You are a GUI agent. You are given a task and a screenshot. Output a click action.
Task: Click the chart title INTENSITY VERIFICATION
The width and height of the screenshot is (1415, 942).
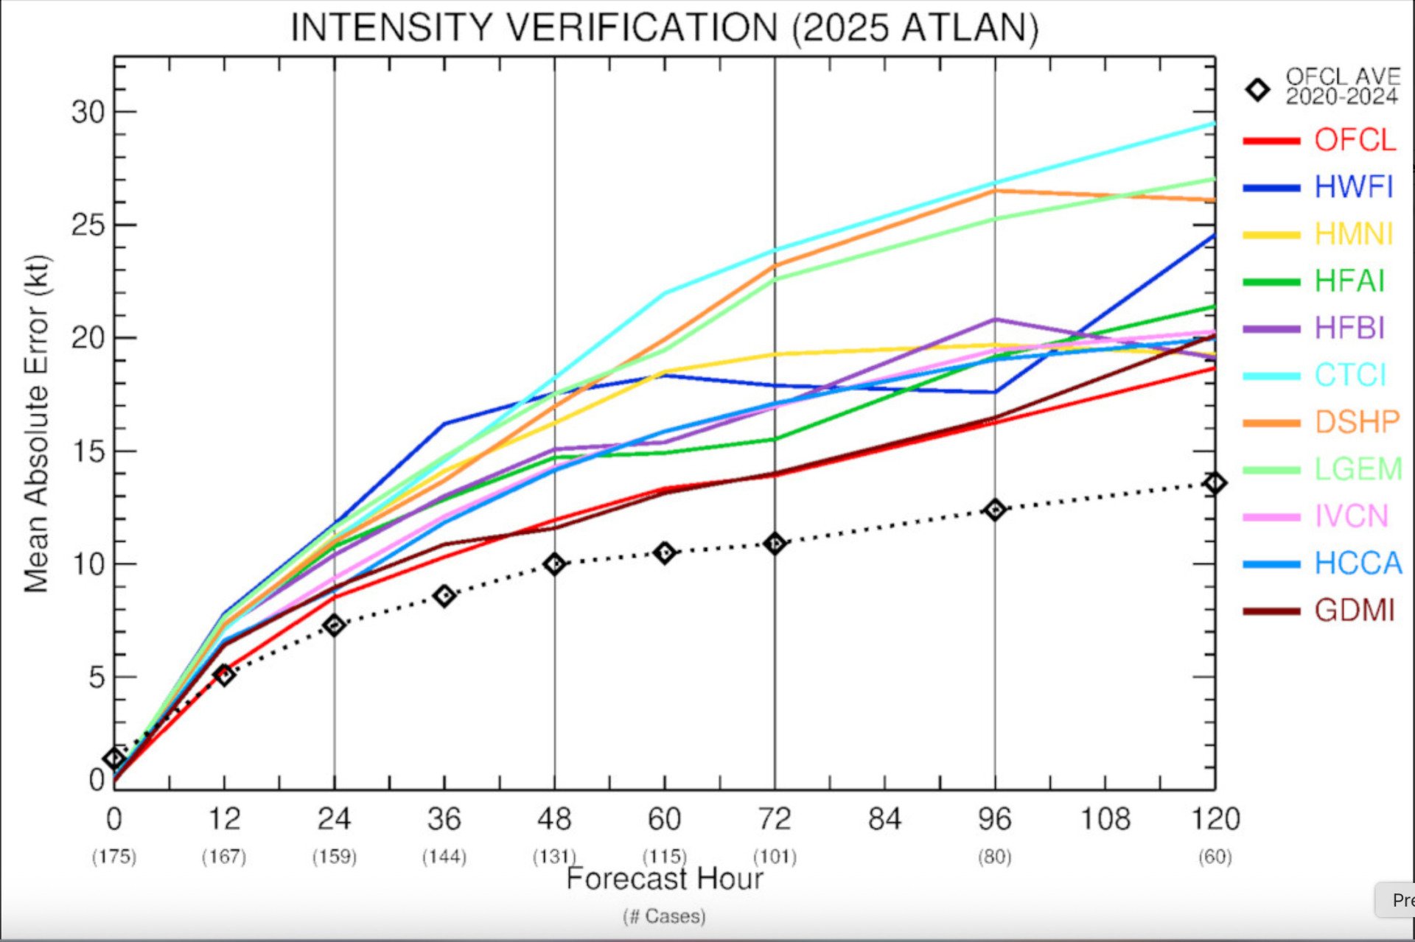click(x=664, y=28)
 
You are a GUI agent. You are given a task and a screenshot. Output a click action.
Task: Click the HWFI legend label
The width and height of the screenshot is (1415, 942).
click(x=1354, y=187)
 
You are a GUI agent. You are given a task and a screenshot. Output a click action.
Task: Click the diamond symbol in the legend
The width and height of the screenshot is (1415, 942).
click(x=1257, y=89)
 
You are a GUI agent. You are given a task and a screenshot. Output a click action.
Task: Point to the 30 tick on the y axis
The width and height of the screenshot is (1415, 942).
click(x=88, y=112)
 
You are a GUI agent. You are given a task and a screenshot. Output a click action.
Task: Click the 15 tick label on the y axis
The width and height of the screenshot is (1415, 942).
click(x=88, y=451)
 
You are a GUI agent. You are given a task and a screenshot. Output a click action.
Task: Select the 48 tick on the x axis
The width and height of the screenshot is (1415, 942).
click(x=554, y=819)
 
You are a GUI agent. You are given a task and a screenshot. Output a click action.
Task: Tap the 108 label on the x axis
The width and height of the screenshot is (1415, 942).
click(x=1105, y=819)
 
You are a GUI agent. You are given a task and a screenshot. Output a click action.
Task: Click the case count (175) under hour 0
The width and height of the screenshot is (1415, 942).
click(x=113, y=857)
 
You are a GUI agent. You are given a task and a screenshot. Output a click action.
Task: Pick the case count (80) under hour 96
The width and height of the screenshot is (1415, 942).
click(x=994, y=857)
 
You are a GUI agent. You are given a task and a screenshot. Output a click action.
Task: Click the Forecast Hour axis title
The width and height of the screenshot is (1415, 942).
click(x=664, y=879)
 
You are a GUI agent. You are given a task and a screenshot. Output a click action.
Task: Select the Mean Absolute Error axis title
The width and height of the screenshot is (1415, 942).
click(x=36, y=423)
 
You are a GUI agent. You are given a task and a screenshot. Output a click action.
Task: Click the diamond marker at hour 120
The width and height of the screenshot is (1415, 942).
click(x=1215, y=483)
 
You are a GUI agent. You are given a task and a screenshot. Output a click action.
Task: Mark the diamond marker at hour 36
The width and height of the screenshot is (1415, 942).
click(x=444, y=595)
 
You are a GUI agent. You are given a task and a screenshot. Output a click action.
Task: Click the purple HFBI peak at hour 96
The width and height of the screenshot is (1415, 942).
click(x=995, y=320)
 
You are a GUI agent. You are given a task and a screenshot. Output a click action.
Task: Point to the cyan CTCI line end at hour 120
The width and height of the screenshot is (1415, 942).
click(x=1213, y=124)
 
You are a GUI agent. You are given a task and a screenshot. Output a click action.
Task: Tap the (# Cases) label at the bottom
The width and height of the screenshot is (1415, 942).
click(x=664, y=916)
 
